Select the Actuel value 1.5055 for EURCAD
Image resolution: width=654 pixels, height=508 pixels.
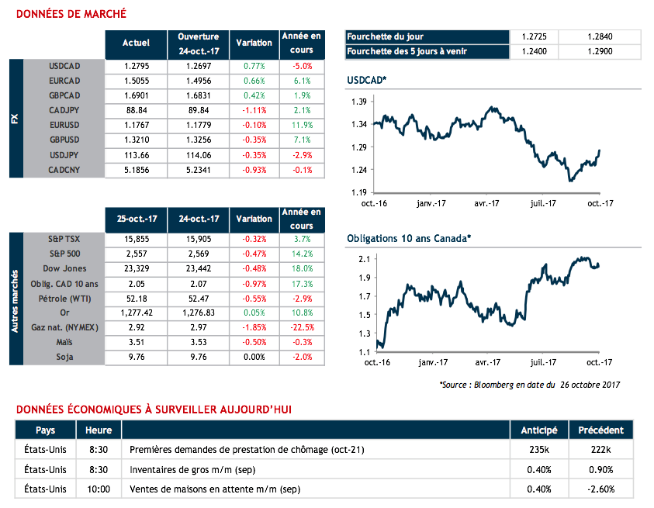(x=136, y=81)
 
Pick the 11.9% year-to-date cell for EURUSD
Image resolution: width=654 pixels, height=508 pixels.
(x=303, y=125)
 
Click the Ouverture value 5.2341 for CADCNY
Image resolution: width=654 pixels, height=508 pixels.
(x=199, y=169)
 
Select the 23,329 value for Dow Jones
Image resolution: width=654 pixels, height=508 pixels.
(x=136, y=268)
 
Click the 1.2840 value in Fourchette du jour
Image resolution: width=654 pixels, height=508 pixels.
(x=600, y=36)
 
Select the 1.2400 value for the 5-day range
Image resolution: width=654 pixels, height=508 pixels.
(x=535, y=51)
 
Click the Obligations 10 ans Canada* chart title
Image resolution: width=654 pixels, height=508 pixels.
(x=409, y=239)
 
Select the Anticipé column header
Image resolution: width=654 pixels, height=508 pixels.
(x=539, y=430)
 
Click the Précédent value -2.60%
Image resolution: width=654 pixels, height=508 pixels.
(x=600, y=489)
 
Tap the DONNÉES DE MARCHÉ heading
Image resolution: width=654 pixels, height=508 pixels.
(x=71, y=15)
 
